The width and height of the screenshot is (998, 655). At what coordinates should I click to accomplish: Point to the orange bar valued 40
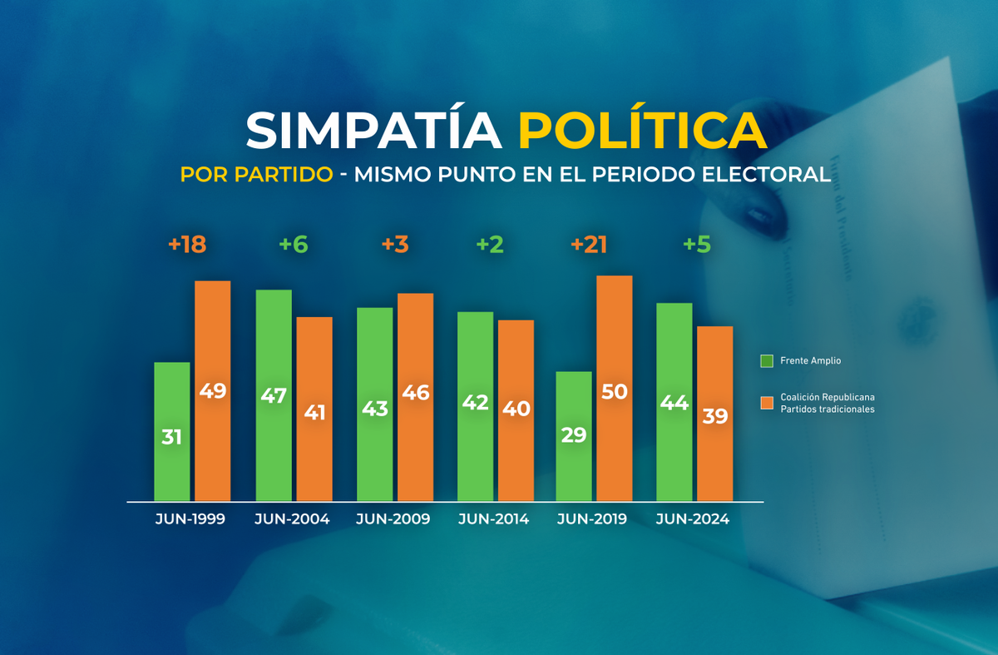tap(516, 409)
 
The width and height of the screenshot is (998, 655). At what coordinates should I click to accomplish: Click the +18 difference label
tap(186, 245)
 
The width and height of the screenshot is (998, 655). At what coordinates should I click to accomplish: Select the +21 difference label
tap(589, 245)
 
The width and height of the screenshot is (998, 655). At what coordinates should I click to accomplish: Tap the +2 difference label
tap(491, 245)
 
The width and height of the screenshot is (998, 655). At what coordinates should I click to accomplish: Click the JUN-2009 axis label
tap(393, 519)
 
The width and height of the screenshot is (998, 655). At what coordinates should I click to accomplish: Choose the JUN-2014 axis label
tap(493, 519)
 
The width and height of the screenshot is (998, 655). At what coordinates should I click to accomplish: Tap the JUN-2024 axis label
tap(692, 519)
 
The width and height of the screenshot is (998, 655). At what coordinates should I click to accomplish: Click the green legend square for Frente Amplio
tap(767, 361)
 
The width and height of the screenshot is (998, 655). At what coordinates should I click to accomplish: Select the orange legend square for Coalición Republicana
tap(767, 403)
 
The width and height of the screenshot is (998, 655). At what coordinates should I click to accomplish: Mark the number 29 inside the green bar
tap(574, 434)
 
